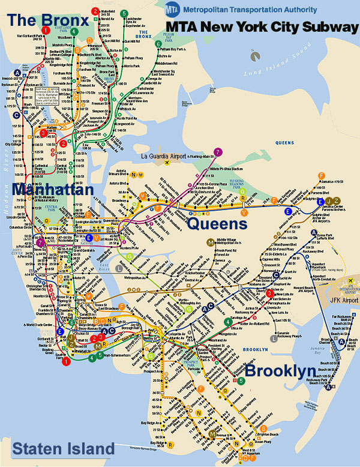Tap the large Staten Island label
point(63,448)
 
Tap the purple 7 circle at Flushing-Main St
point(218,152)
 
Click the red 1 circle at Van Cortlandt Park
point(46,30)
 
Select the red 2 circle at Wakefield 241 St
point(95,11)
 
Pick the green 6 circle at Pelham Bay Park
point(158,44)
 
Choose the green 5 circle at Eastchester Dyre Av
point(124,13)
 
